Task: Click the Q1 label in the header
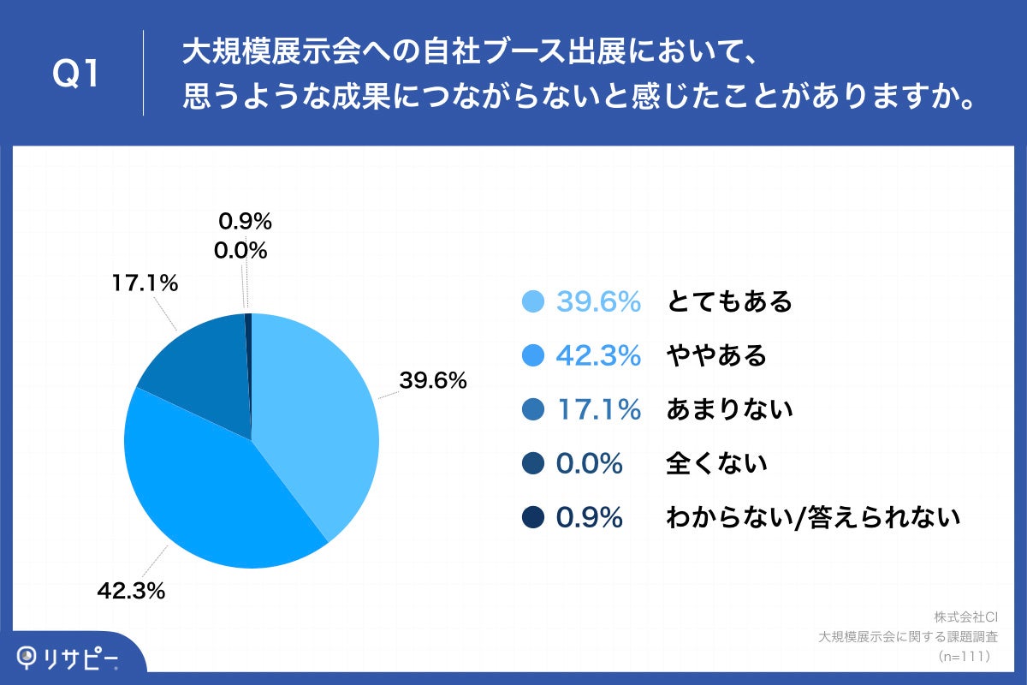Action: (x=77, y=75)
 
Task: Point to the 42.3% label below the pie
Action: (x=130, y=591)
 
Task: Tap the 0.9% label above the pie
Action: (x=245, y=222)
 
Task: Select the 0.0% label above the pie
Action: (x=241, y=251)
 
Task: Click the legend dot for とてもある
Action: (x=533, y=302)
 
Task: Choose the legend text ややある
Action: (x=716, y=355)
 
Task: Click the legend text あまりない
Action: (x=729, y=410)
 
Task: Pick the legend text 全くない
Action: (x=716, y=464)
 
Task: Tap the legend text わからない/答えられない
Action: (x=813, y=518)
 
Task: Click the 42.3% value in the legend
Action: (x=598, y=355)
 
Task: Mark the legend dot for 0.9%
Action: (x=533, y=518)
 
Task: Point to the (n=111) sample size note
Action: (x=964, y=656)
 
